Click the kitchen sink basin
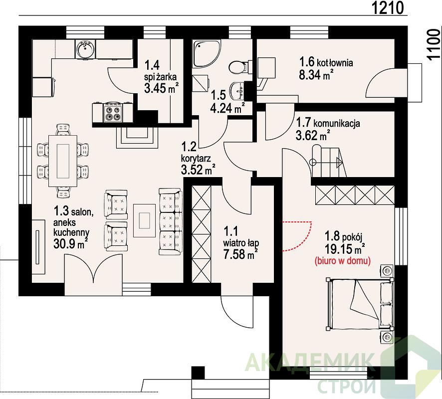click(85, 49)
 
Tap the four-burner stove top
click(114, 113)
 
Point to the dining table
click(63, 161)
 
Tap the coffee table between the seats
click(145, 220)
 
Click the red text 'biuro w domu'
click(343, 261)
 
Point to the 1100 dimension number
click(433, 45)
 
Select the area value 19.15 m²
click(345, 249)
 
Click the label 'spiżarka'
click(161, 77)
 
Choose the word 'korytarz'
click(196, 159)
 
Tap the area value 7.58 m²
click(241, 254)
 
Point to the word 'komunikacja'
click(337, 123)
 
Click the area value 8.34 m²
click(316, 75)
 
